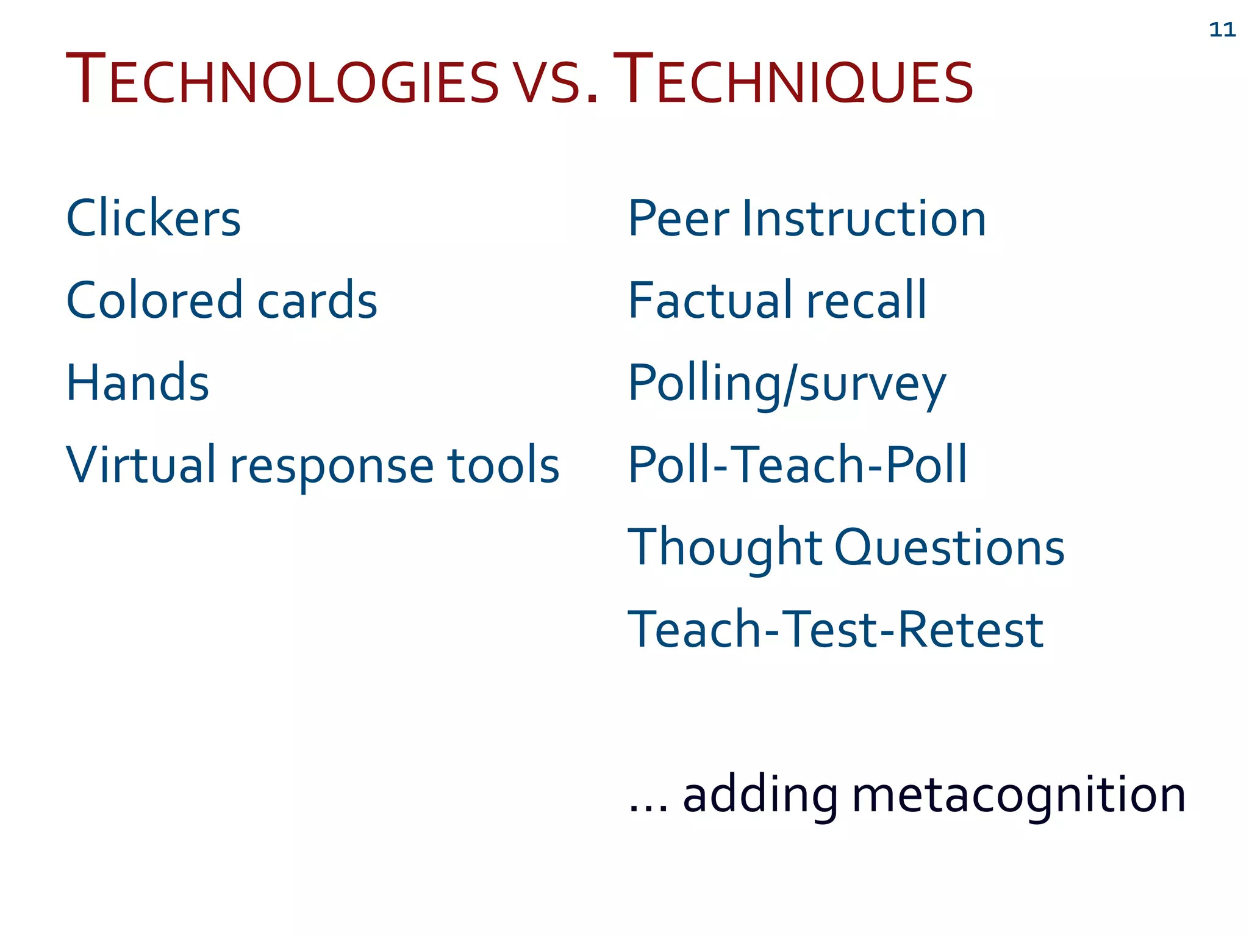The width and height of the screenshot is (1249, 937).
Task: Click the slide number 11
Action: pos(1222,30)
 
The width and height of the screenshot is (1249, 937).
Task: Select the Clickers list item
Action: pos(153,218)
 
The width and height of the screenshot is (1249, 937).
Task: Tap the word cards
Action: pos(317,300)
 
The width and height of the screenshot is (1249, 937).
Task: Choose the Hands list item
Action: pos(137,382)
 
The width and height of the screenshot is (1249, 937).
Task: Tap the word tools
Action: pos(503,465)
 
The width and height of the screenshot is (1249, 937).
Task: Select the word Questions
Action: pos(949,547)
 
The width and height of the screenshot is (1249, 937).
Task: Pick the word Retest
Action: pos(970,630)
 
